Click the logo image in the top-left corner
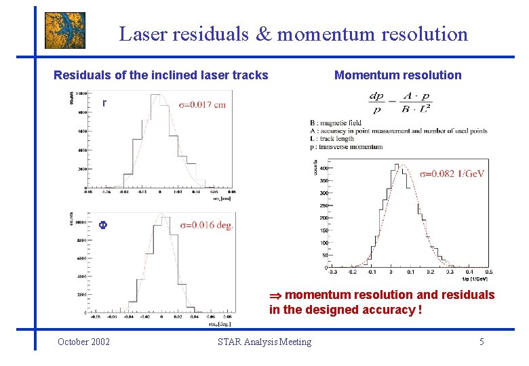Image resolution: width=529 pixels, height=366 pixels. pos(65,30)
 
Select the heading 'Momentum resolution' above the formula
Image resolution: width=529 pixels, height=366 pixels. pos(397,75)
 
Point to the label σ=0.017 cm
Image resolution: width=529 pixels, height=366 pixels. pos(202,104)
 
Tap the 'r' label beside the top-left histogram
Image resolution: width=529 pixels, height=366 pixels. pos(104,104)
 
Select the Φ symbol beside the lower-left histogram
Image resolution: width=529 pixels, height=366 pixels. pos(103,226)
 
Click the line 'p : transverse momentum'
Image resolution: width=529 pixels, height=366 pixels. pos(346,146)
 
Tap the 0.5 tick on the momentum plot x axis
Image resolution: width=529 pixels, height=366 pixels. pos(488,272)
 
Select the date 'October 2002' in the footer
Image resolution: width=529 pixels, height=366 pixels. pos(84,342)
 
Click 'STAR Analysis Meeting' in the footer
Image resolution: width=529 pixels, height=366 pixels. pos(264,342)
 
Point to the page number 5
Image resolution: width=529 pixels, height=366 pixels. pos(482,342)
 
